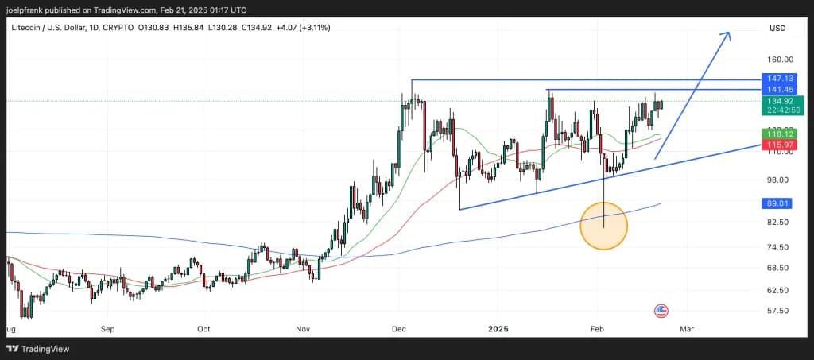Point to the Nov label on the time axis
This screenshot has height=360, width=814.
coord(301,327)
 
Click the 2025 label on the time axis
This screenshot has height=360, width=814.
coord(498,327)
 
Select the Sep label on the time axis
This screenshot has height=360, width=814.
coord(108,327)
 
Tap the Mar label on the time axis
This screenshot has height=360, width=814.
coord(687,327)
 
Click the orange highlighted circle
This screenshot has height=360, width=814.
coord(604,226)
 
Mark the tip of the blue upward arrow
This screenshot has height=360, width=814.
coord(727,33)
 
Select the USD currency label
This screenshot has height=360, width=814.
coord(777,28)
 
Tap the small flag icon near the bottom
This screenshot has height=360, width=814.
coord(661,311)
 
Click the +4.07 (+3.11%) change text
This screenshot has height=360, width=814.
coord(303,28)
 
